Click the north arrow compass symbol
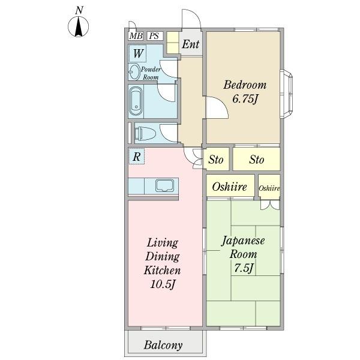[x=78, y=26]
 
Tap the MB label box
[x=136, y=36]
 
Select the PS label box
[x=154, y=36]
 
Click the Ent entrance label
[x=191, y=44]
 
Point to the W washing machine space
[x=138, y=54]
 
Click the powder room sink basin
[x=134, y=72]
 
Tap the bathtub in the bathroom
[x=136, y=101]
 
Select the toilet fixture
[x=145, y=134]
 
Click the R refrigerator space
[x=137, y=157]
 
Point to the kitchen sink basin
[x=164, y=185]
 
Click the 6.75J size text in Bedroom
[x=245, y=99]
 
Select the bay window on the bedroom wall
[x=287, y=94]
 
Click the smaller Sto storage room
[x=216, y=160]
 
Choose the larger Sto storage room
[x=257, y=160]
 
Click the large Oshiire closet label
[x=230, y=187]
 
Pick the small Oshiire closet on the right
[x=269, y=187]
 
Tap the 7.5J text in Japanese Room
[x=244, y=268]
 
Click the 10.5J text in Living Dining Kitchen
[x=163, y=284]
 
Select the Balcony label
[x=163, y=345]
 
